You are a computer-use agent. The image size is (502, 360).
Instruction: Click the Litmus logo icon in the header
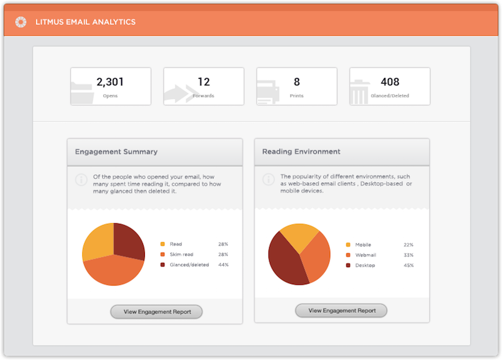(x=21, y=22)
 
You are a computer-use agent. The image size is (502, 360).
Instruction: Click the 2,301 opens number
(x=110, y=82)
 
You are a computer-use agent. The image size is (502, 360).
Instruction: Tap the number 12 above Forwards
(x=203, y=82)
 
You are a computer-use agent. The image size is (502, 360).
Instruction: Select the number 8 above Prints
(x=297, y=82)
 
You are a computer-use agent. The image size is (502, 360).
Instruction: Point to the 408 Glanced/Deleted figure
(x=390, y=82)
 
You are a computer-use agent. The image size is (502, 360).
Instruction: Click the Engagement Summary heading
(x=116, y=152)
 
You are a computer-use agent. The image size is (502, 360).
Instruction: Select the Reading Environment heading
(x=301, y=152)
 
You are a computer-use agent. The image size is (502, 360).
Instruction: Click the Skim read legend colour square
(x=163, y=254)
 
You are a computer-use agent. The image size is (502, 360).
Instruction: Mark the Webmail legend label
(x=366, y=255)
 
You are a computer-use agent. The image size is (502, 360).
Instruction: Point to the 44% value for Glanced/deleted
(x=223, y=265)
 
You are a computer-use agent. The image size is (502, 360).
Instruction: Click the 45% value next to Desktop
(x=409, y=266)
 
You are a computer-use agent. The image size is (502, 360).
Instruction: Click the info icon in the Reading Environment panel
(x=269, y=180)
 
